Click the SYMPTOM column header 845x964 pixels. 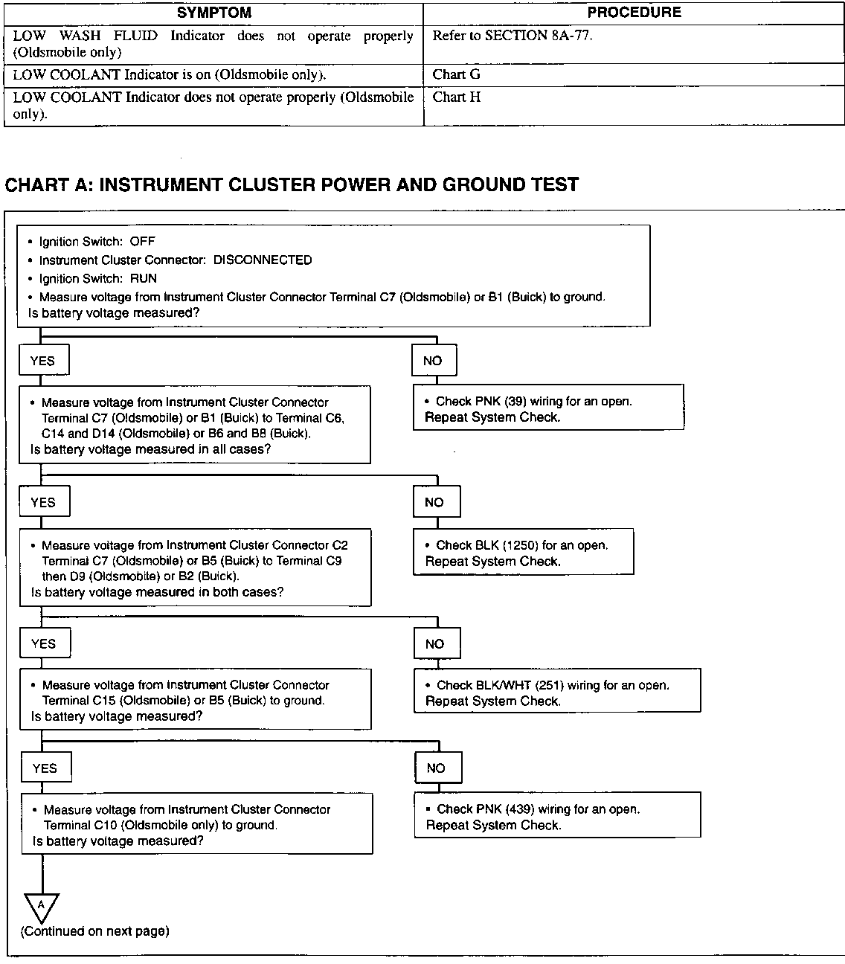click(x=214, y=13)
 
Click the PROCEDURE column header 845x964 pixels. click(x=634, y=13)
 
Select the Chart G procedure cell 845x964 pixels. click(x=456, y=74)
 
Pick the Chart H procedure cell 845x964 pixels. click(x=456, y=97)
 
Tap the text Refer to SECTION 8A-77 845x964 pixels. click(x=513, y=36)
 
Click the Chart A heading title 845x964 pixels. click(x=292, y=184)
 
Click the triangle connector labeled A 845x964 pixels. click(x=42, y=905)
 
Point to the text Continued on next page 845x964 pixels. click(x=95, y=931)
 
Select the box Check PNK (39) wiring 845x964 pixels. click(x=548, y=408)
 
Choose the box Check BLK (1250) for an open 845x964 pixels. click(x=523, y=552)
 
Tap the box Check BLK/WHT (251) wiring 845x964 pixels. click(x=556, y=692)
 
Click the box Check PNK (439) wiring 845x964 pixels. click(x=556, y=816)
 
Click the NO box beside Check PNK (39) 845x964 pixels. click(x=434, y=361)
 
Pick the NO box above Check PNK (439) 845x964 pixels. click(x=437, y=768)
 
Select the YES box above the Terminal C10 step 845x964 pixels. click(x=45, y=768)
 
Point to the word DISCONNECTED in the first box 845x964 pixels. click(x=263, y=260)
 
